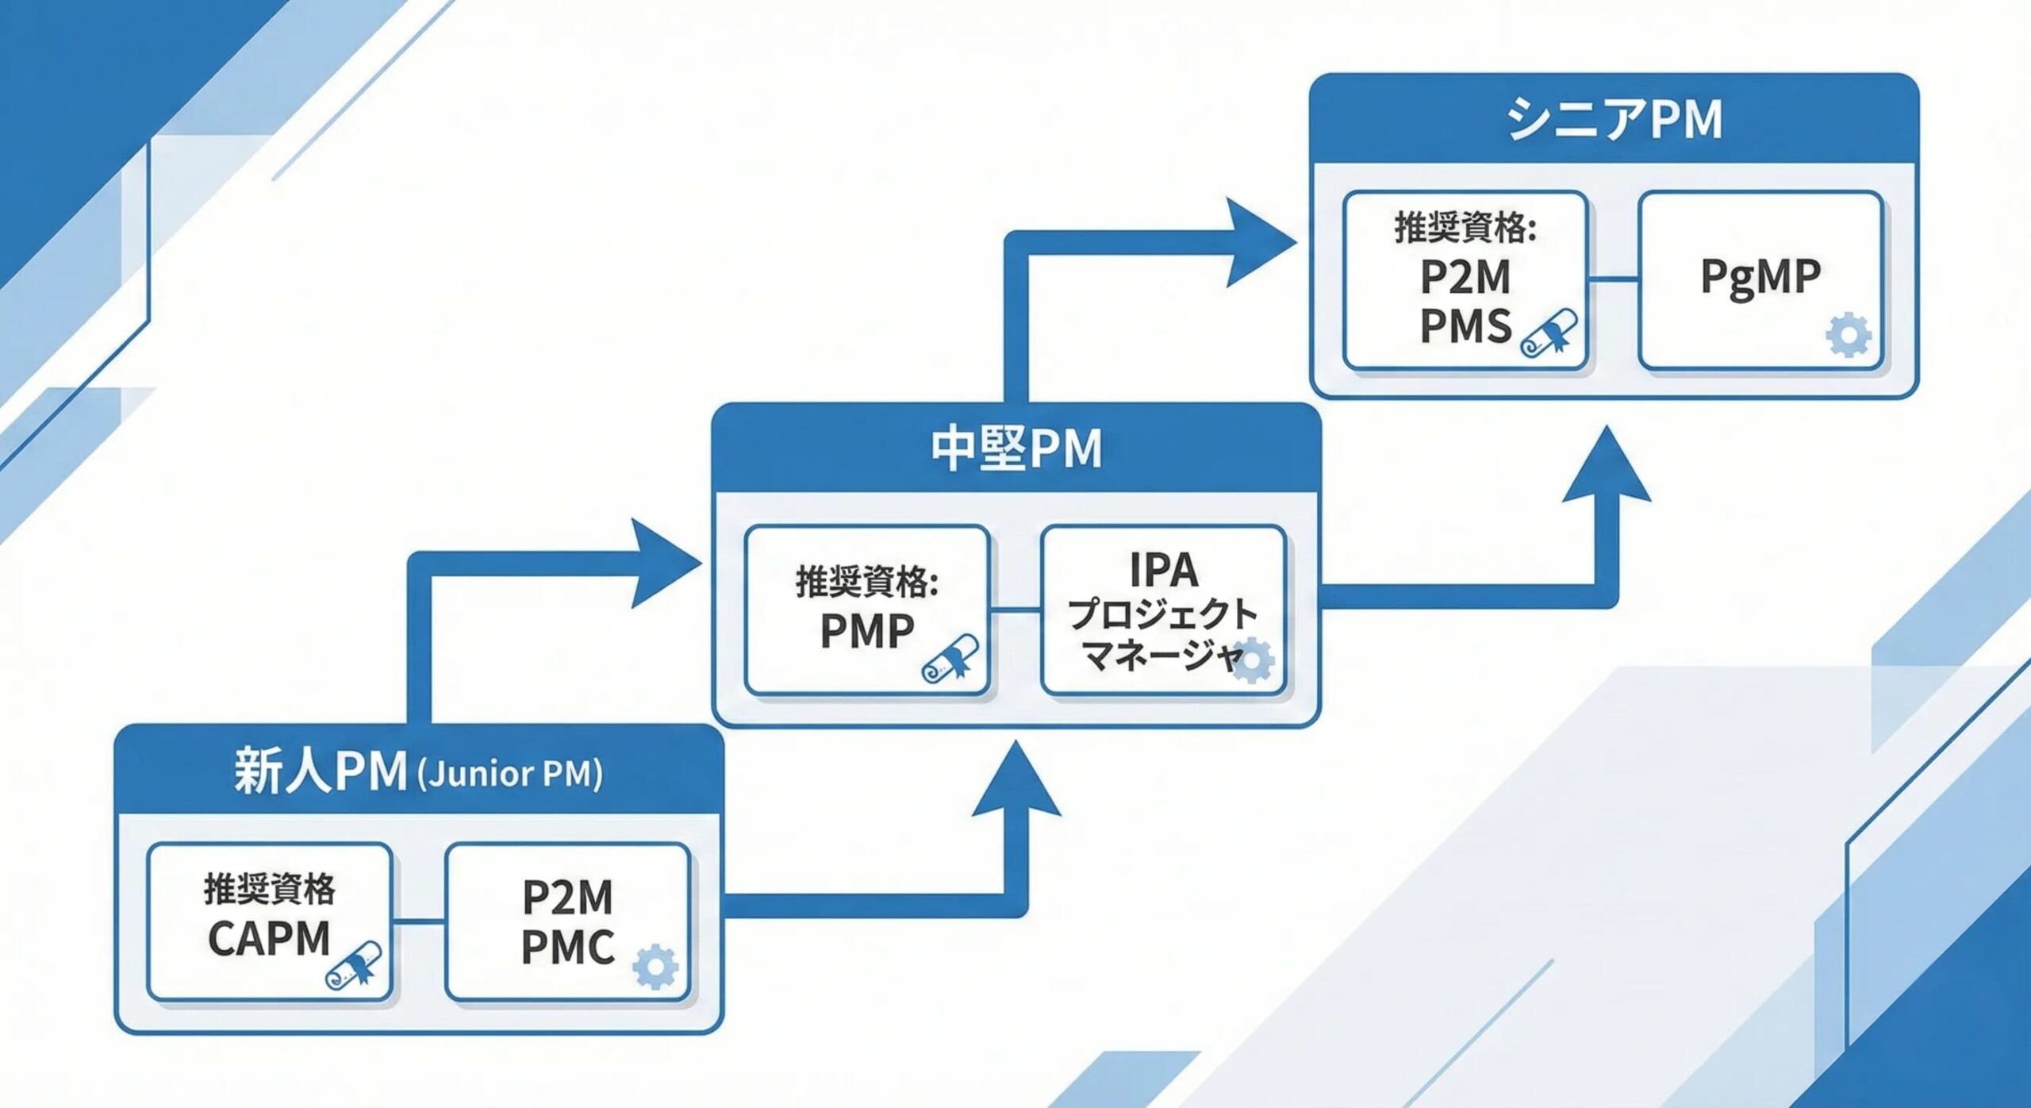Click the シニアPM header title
[1614, 119]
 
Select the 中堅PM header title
[1016, 448]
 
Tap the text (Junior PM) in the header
[509, 774]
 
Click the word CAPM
[269, 938]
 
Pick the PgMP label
[1760, 278]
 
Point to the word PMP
[866, 632]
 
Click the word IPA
[1163, 569]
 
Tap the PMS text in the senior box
[1465, 326]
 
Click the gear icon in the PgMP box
[1849, 336]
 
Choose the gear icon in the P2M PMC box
[655, 966]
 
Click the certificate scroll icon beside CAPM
[354, 965]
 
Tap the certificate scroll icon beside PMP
[950, 658]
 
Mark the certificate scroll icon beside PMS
[1549, 333]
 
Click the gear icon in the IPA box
[1252, 660]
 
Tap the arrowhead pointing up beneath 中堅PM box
[1016, 780]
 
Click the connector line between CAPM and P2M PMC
[419, 921]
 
